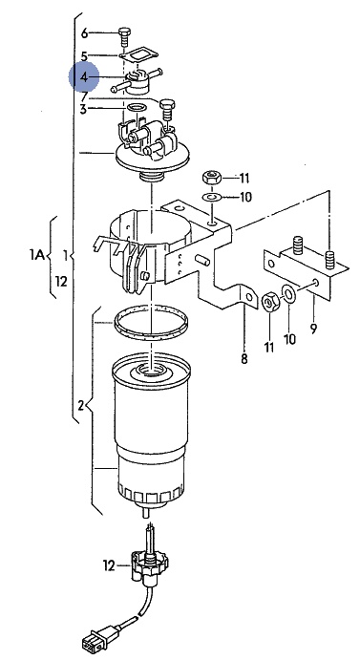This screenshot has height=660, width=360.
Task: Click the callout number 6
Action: [x=85, y=33]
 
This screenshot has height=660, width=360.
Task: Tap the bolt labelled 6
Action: [x=124, y=37]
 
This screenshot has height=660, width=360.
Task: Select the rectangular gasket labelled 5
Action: [x=138, y=56]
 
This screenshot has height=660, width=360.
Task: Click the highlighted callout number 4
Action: [x=84, y=77]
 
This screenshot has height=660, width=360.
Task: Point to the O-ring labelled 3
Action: [x=137, y=108]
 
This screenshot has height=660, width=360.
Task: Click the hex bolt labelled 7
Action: [x=167, y=109]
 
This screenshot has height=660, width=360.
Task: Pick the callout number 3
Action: [x=83, y=110]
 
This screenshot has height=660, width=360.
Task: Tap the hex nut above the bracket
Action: [x=212, y=178]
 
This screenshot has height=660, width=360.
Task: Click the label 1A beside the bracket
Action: [x=37, y=255]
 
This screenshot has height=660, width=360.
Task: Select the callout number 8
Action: [x=244, y=358]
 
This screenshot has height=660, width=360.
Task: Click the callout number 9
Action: [x=313, y=329]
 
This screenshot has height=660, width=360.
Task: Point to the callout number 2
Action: [x=81, y=406]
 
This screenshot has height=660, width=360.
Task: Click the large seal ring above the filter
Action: [x=151, y=324]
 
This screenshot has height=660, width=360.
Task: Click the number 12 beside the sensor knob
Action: [x=109, y=565]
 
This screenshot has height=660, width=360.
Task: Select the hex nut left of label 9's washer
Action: [x=269, y=302]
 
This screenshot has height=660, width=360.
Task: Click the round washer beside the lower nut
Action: [x=289, y=293]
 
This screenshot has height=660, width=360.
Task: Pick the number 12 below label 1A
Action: [x=61, y=281]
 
